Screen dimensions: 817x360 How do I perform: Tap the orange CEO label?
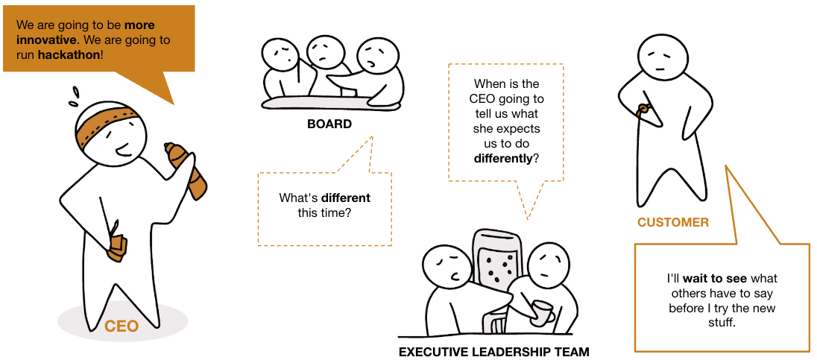pyautogui.click(x=122, y=326)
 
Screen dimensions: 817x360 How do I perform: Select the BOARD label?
pyautogui.click(x=329, y=124)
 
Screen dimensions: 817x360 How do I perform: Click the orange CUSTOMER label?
pyautogui.click(x=672, y=222)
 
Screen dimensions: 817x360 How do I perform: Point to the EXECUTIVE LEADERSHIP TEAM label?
pyautogui.click(x=493, y=352)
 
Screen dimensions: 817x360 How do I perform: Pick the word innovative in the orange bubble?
pyautogui.click(x=47, y=40)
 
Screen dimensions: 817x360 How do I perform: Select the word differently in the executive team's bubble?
pyautogui.click(x=502, y=158)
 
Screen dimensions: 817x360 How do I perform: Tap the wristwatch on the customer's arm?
pyautogui.click(x=642, y=110)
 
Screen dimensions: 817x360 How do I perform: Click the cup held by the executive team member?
pyautogui.click(x=542, y=312)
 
